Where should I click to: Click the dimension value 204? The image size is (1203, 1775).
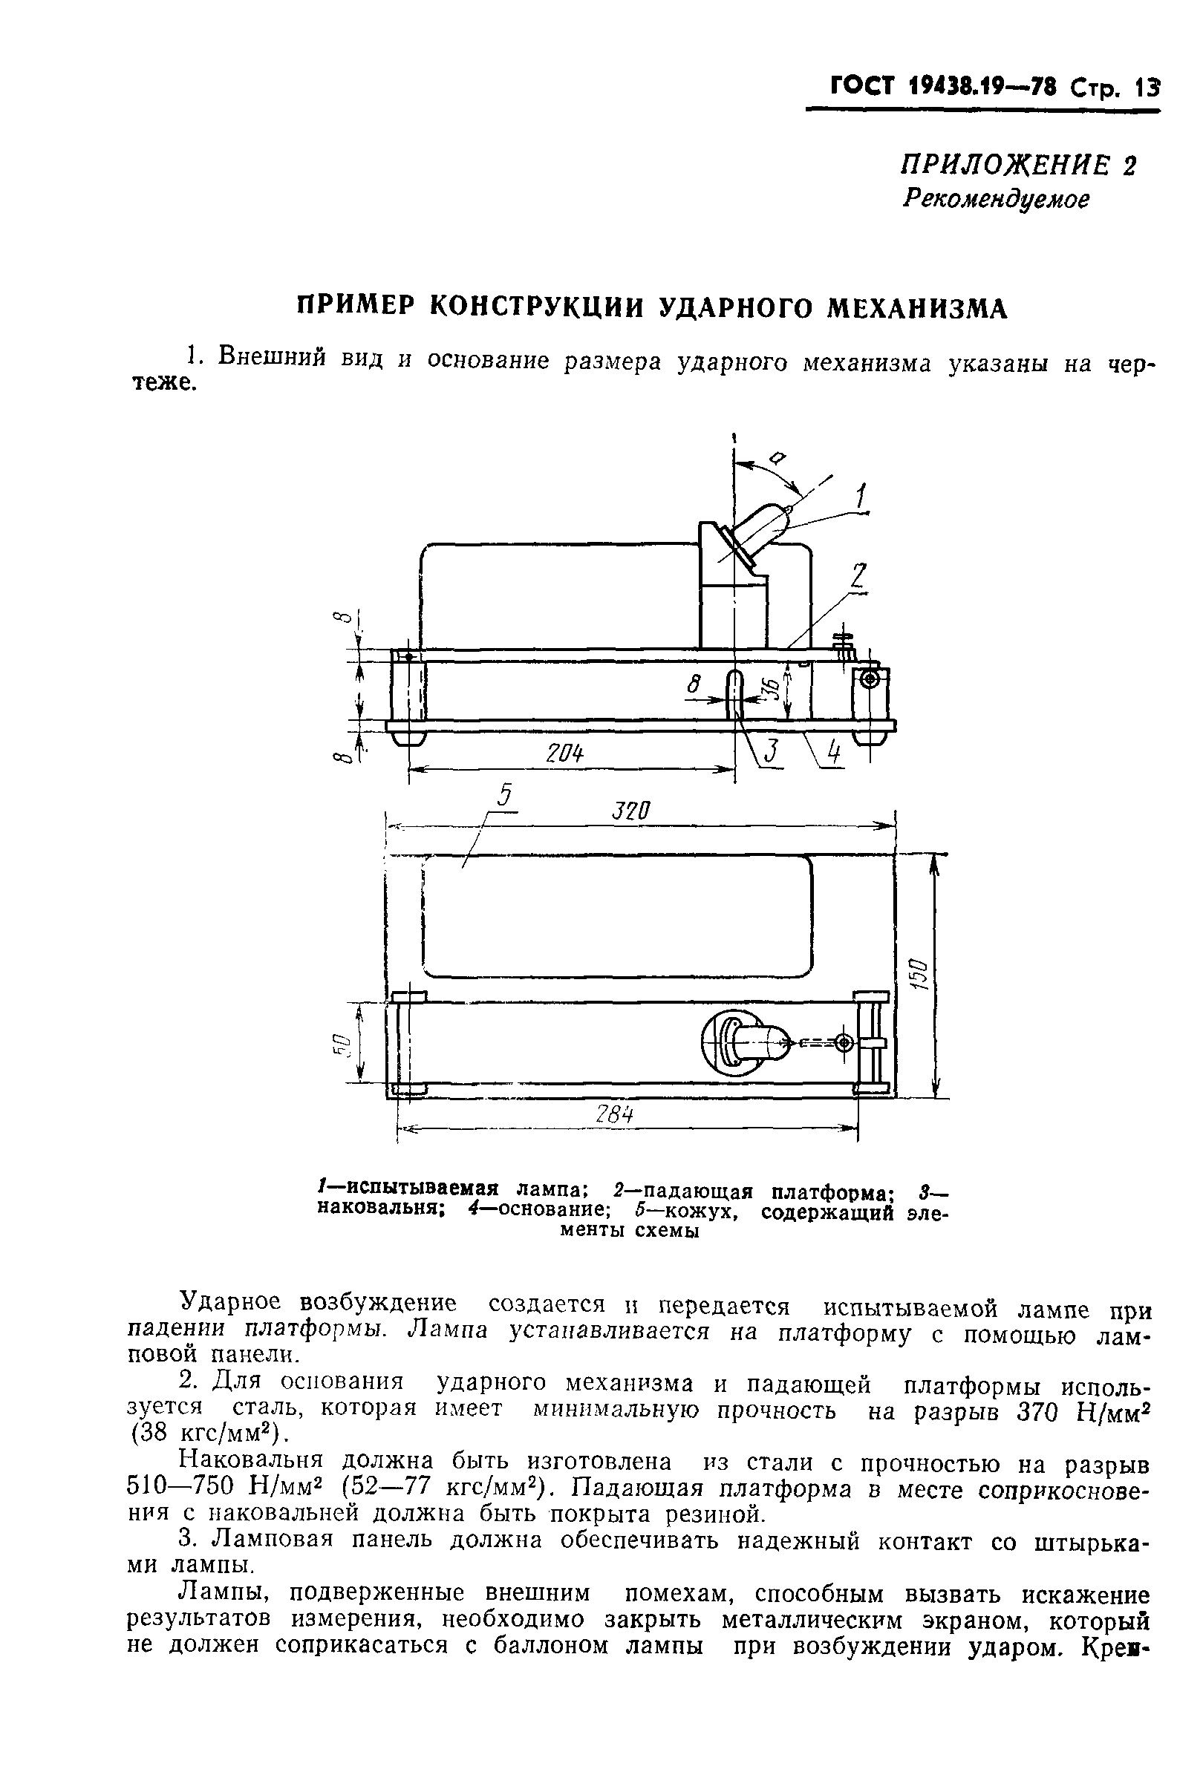[564, 753]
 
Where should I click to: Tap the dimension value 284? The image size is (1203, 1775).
[615, 1116]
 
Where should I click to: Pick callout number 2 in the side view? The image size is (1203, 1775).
[858, 576]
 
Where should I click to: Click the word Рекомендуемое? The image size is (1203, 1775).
[995, 200]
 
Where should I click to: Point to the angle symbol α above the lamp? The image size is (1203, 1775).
[778, 458]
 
